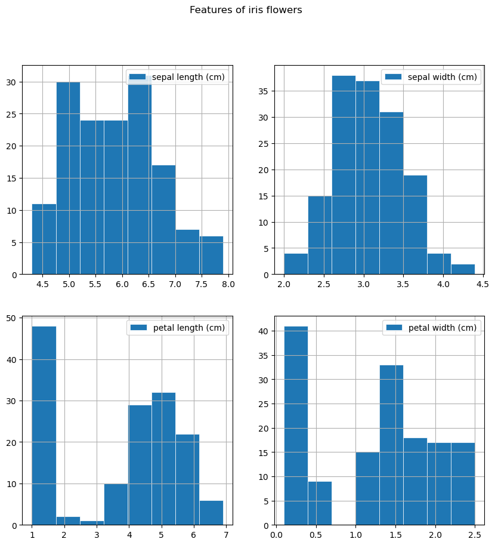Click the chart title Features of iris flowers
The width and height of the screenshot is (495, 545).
(246, 10)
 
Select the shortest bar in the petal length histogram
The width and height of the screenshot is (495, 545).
(92, 523)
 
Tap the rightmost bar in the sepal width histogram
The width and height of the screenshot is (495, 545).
(463, 269)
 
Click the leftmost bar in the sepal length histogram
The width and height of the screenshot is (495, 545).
(44, 239)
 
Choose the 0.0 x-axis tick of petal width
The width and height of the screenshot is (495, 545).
(276, 534)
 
